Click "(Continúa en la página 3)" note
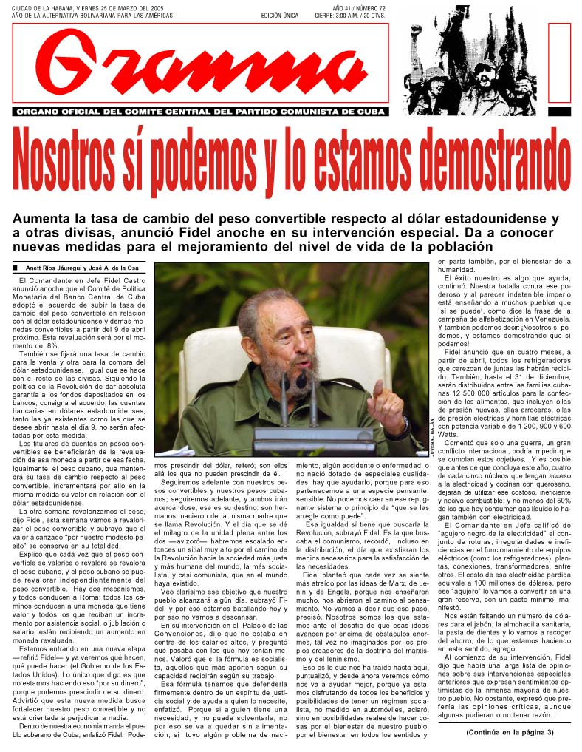click(510, 733)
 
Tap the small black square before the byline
click(16, 268)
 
